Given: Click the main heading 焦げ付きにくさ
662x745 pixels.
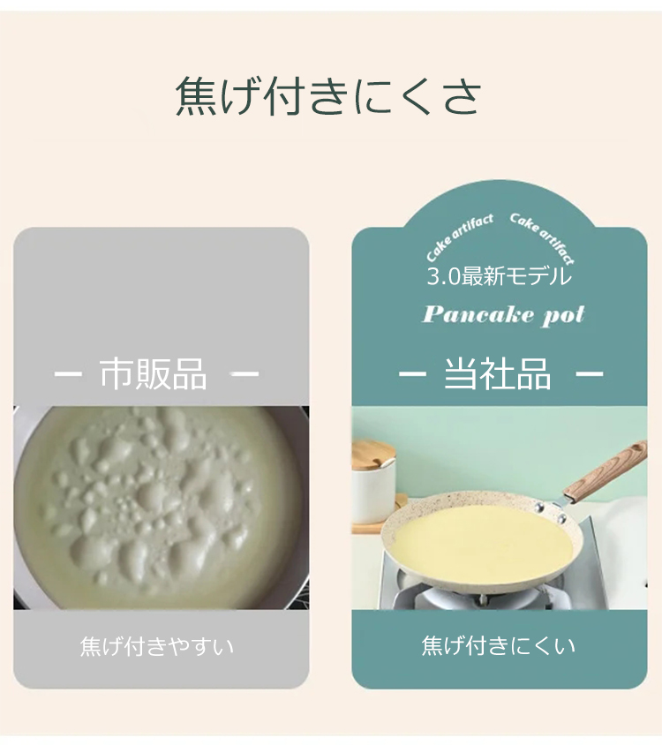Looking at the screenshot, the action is [x=328, y=96].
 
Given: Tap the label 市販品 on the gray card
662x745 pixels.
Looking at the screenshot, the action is [x=153, y=374].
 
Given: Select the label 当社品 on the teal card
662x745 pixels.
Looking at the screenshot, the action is [x=498, y=373].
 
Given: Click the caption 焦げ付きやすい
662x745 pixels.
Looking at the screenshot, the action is [x=157, y=646].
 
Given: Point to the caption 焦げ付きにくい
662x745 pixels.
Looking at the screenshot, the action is [x=499, y=646].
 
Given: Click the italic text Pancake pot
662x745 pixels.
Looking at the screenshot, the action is [x=503, y=315].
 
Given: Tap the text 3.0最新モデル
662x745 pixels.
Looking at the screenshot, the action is [x=499, y=276].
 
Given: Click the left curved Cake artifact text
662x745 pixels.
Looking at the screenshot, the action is [x=459, y=237].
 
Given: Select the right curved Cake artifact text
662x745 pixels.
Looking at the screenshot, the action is [x=543, y=237].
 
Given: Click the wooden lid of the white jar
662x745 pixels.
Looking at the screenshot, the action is [x=372, y=455].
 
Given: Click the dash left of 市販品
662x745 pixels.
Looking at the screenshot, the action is [x=68, y=373].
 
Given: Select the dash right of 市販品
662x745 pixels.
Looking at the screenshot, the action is [x=244, y=373].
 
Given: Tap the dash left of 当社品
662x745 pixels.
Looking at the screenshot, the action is [x=412, y=373].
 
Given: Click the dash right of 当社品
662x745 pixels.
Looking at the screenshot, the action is [x=590, y=373].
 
